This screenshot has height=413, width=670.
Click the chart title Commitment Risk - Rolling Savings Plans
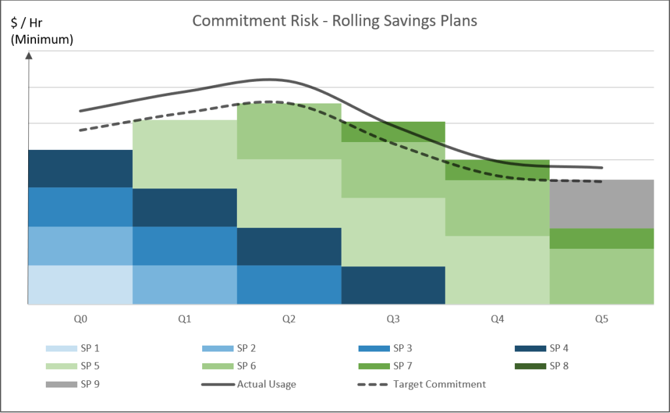(334, 21)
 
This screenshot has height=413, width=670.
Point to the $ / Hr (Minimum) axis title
(41, 31)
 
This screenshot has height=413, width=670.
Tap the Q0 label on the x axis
(80, 320)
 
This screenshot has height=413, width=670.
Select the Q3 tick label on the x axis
(393, 320)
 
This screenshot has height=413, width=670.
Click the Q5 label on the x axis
(601, 320)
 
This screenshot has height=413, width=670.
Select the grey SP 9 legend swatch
(60, 384)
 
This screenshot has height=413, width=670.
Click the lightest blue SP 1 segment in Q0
(80, 285)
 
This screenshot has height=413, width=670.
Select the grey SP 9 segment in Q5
(601, 204)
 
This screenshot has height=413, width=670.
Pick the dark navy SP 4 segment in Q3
(393, 285)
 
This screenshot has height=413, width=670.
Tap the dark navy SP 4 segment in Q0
(80, 169)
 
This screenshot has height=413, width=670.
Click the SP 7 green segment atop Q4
(497, 170)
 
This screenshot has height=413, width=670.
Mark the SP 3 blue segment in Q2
(289, 285)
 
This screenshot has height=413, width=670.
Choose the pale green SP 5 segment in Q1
(185, 154)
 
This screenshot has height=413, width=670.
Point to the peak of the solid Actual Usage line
(270, 79)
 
